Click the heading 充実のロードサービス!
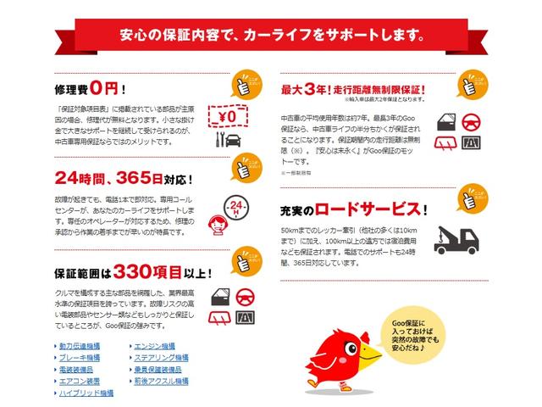tap(352, 209)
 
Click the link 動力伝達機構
tap(80, 347)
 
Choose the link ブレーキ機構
tap(80, 359)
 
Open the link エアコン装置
tap(80, 382)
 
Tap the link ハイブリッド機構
tap(86, 393)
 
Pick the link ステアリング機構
tap(160, 359)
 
